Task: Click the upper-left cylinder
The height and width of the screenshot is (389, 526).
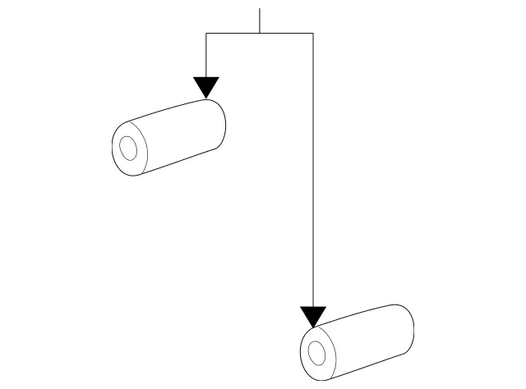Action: point(168,137)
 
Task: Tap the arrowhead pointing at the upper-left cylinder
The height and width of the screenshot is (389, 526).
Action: point(206,87)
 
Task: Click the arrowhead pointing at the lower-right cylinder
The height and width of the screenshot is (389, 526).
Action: point(313,316)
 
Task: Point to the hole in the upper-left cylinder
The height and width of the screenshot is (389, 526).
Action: point(128,149)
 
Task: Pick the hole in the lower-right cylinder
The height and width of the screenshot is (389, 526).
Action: point(316,354)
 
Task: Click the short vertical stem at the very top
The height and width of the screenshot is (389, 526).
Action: point(260,21)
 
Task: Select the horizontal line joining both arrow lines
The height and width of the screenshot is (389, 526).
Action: point(260,33)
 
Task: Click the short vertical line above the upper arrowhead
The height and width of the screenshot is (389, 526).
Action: point(206,54)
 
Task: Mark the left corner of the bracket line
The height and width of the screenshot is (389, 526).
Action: point(206,33)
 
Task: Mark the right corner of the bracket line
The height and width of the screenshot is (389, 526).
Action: point(313,33)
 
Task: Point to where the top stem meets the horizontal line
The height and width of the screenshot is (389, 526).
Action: point(260,33)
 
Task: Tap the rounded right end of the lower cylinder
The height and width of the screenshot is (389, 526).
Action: point(408,328)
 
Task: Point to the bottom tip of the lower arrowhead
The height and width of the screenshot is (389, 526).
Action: point(313,327)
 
